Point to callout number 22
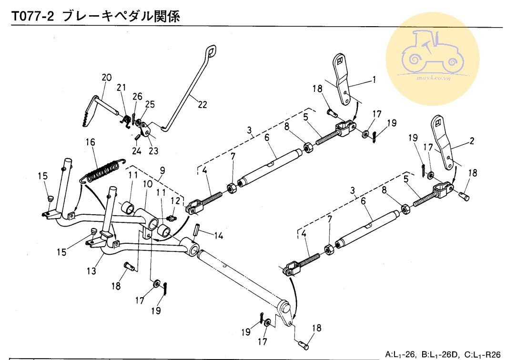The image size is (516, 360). click(202, 105)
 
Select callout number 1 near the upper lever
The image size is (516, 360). click(374, 80)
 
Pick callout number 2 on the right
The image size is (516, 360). click(471, 141)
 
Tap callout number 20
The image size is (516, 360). click(106, 78)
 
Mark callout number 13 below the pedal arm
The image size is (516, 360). click(91, 271)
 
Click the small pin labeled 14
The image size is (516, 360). click(196, 230)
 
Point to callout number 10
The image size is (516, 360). click(147, 183)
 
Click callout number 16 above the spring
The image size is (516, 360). click(91, 142)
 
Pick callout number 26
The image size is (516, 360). click(138, 97)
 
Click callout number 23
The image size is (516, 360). click(153, 151)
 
